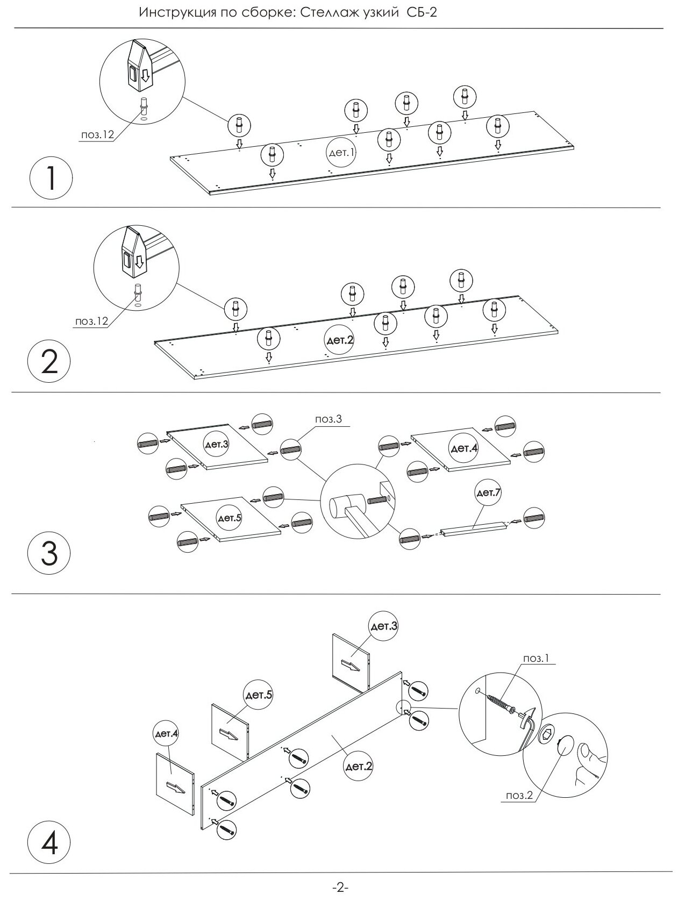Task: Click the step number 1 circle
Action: click(51, 178)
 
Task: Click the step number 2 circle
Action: click(49, 363)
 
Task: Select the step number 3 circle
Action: click(49, 554)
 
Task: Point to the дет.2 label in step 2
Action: click(340, 340)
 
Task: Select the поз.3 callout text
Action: click(329, 419)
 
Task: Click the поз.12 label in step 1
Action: click(97, 135)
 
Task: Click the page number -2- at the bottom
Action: click(341, 888)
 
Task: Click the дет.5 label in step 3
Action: click(229, 518)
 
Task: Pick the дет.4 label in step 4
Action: click(167, 733)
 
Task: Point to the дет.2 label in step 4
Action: click(359, 766)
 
